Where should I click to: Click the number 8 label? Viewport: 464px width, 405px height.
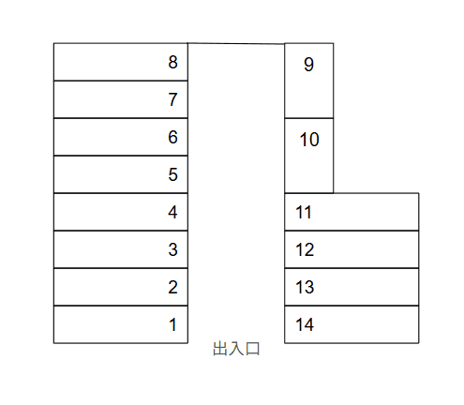(x=172, y=62)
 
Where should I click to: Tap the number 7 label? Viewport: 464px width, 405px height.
(x=172, y=99)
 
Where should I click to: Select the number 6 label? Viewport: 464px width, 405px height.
(x=172, y=137)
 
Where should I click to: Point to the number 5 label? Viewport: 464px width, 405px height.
(x=172, y=174)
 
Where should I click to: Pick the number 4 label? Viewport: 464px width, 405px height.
(x=172, y=212)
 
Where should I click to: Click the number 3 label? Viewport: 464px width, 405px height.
(x=172, y=249)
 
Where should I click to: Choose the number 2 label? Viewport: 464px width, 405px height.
(x=172, y=287)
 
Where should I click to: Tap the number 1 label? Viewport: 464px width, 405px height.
(x=173, y=324)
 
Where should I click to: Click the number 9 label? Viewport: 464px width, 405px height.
(x=308, y=65)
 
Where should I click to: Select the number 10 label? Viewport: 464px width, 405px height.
(x=309, y=140)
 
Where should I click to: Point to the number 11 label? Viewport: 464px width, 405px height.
(x=304, y=212)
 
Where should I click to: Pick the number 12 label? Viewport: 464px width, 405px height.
(x=305, y=249)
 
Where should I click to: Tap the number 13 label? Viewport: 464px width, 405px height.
(x=305, y=287)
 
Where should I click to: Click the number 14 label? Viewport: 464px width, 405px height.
(x=305, y=324)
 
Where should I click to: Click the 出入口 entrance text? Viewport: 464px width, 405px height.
(x=236, y=349)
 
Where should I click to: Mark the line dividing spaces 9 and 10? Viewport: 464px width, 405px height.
(x=309, y=118)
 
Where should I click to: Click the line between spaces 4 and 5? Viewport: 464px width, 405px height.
(x=121, y=193)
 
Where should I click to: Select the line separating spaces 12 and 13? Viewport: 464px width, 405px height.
(x=352, y=268)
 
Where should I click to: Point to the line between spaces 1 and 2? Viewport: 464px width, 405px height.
(x=121, y=306)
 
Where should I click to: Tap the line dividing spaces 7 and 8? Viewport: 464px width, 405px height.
(x=121, y=81)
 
